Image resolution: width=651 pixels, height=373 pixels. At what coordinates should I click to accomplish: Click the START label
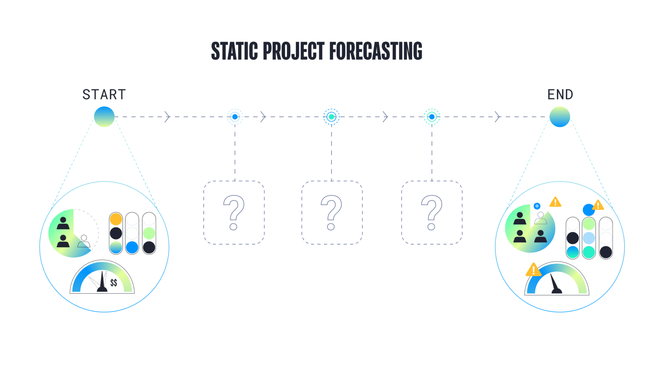104,95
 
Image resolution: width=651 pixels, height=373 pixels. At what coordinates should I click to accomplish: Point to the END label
560,95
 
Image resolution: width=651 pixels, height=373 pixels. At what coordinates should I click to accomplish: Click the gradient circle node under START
104,117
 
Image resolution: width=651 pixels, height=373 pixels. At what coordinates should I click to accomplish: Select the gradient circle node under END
560,117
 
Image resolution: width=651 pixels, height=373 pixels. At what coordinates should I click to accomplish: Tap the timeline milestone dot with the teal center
331,117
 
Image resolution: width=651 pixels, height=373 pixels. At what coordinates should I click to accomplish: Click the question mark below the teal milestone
331,212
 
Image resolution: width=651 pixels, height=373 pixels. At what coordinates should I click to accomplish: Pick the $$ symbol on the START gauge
113,282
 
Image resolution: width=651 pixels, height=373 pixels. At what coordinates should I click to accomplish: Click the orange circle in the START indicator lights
116,219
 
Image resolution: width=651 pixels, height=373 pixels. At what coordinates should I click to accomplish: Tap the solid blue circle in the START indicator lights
132,247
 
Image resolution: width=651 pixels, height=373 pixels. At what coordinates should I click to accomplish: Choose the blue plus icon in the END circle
537,206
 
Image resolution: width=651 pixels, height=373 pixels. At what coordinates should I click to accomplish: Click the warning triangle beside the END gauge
533,270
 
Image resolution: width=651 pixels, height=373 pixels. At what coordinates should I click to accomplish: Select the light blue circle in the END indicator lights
589,238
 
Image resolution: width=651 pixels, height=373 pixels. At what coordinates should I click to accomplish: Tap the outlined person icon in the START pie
84,241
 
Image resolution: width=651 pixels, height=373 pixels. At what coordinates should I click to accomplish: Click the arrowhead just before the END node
497,117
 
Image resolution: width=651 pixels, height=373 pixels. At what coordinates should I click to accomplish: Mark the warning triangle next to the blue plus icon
555,202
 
